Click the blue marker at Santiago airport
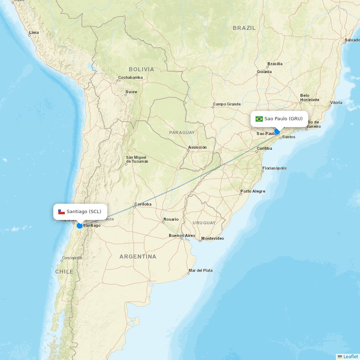[80, 226]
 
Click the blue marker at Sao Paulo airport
[277, 132]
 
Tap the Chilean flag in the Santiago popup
[62, 212]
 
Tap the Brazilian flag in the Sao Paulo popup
[259, 119]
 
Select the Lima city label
[34, 32]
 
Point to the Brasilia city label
[275, 64]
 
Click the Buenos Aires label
[182, 236]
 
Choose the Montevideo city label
[212, 238]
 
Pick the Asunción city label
[197, 147]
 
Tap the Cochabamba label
[130, 77]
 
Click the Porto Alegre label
[253, 191]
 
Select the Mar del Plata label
[201, 270]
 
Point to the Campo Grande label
[226, 104]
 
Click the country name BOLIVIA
[141, 69]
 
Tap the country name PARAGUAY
[182, 132]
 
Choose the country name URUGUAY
[204, 223]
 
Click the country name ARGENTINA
[138, 257]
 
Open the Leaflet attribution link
[350, 356]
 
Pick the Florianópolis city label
[275, 168]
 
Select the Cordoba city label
[143, 204]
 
